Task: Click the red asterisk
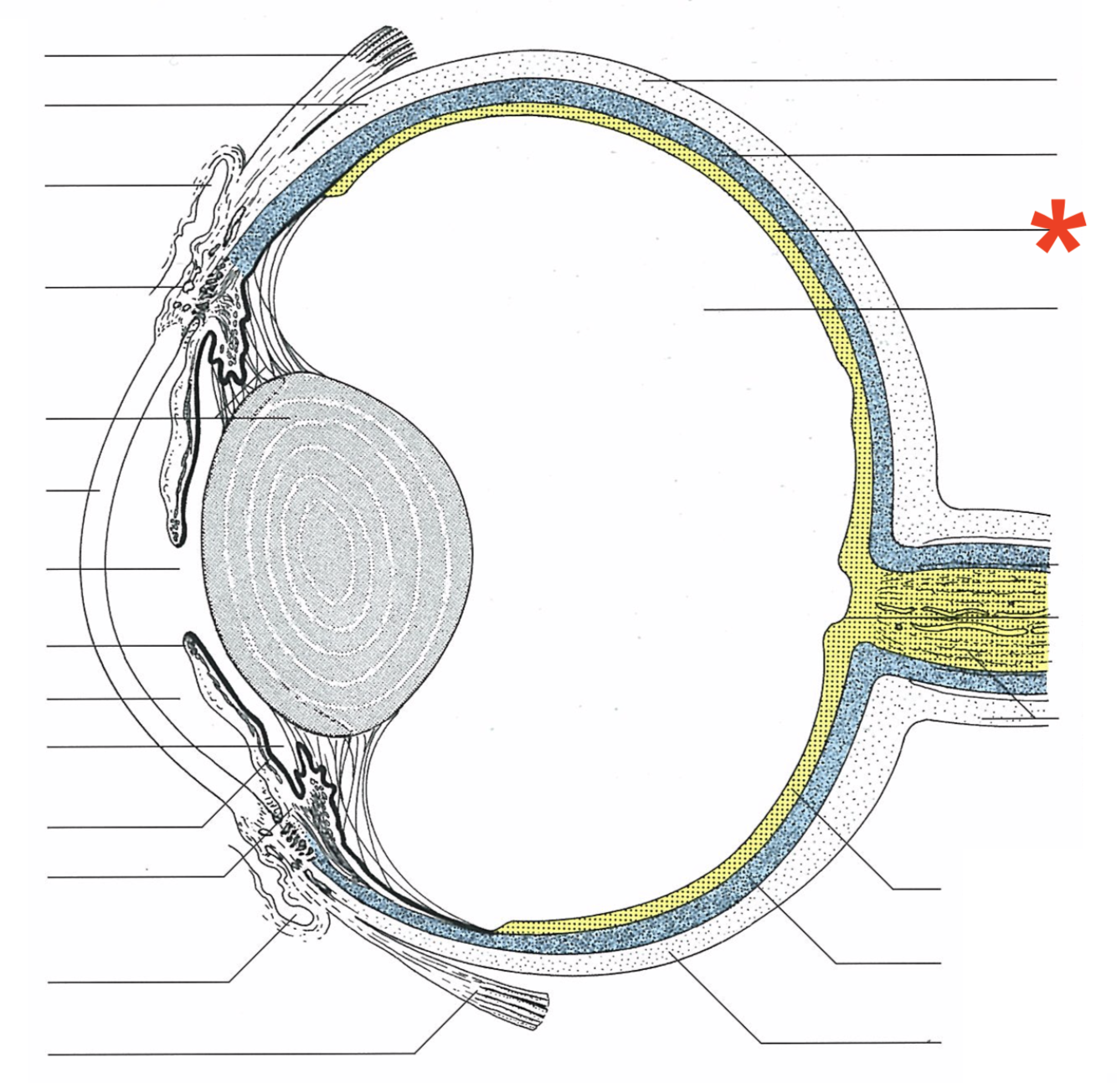pos(1058,226)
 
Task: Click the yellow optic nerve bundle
pos(963,615)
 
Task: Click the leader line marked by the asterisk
pos(921,230)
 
